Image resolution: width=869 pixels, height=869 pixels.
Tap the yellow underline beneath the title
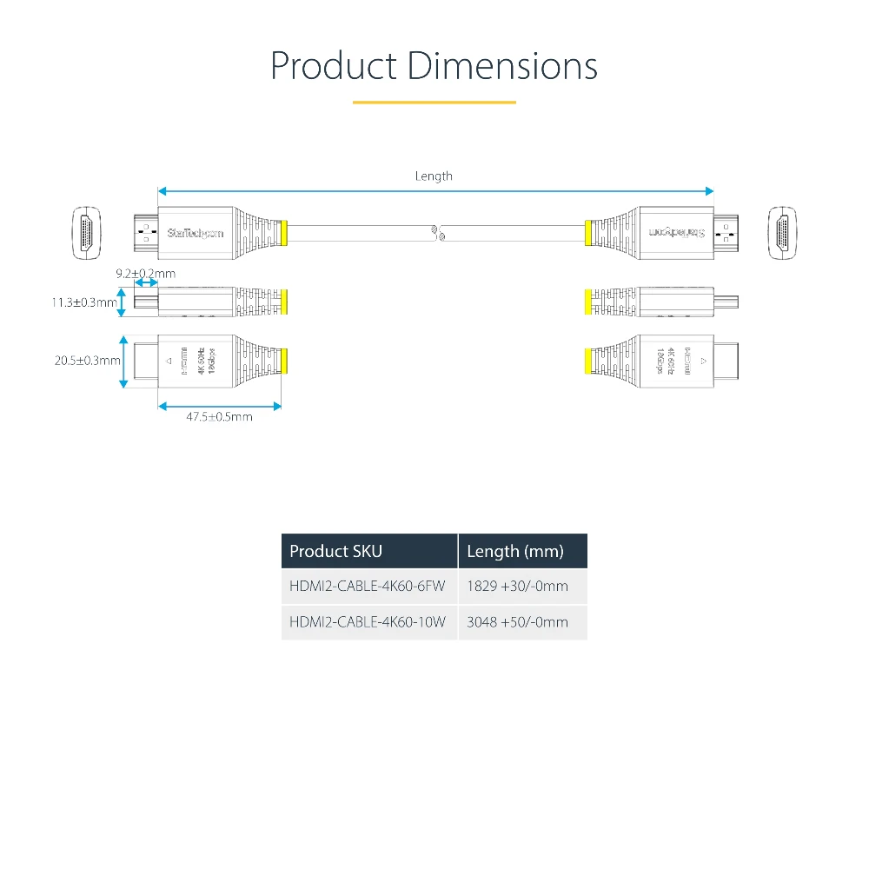434,103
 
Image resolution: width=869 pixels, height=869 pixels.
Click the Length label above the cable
434,176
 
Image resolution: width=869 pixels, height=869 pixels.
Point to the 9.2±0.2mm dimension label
145,274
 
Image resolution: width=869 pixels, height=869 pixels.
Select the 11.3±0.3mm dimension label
83,303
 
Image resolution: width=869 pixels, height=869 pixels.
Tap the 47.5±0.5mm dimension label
219,417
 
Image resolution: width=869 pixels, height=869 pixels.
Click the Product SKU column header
335,551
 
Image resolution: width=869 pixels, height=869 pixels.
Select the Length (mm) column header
514,551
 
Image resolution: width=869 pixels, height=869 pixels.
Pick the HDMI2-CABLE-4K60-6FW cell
367,587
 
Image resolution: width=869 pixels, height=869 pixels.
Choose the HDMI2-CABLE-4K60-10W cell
367,622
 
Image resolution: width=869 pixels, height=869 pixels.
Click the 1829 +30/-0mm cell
517,587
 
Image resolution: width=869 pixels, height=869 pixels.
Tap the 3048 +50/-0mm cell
517,622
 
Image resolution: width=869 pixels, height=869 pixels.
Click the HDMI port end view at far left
86,232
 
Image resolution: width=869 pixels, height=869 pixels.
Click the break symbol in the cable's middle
437,233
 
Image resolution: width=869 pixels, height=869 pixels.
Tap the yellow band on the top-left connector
284,233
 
